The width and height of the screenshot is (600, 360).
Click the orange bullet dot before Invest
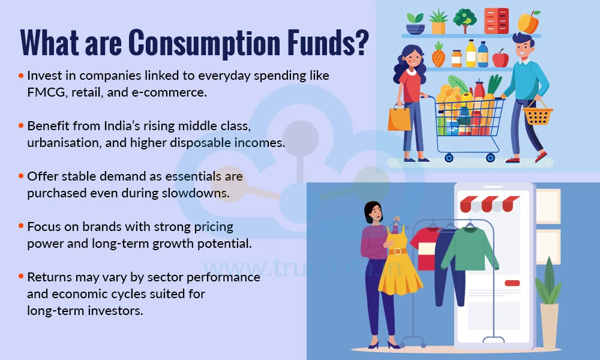pyautogui.click(x=22, y=76)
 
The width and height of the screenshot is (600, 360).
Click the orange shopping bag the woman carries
pyautogui.click(x=399, y=118)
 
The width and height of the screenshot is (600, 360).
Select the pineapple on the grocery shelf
pyautogui.click(x=439, y=55)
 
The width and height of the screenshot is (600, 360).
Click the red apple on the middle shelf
pyautogui.click(x=500, y=58)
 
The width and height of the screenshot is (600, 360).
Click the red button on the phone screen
pyautogui.click(x=512, y=283)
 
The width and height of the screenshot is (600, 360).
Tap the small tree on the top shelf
pyautogui.click(x=465, y=20)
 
